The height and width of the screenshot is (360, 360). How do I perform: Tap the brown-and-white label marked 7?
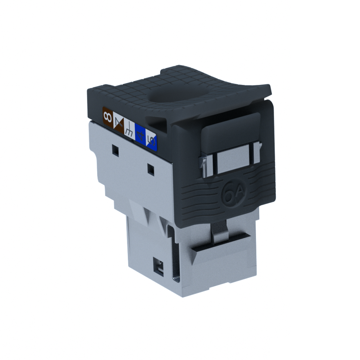click(x=118, y=124)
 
